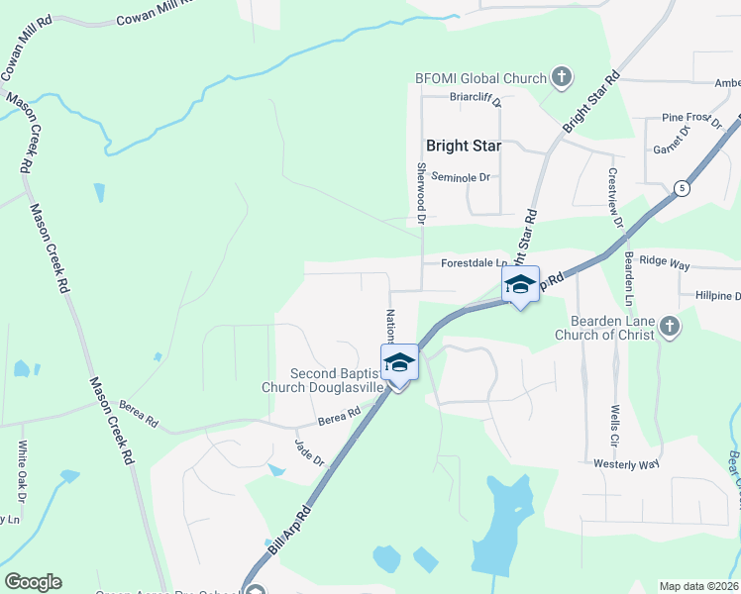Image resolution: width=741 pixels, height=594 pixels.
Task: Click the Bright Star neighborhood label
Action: point(463,146)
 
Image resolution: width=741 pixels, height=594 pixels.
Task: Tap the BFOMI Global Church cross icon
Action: point(561,78)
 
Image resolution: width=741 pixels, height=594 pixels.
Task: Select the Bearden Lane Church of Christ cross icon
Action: point(670,327)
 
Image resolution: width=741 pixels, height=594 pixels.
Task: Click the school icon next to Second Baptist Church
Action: point(399,362)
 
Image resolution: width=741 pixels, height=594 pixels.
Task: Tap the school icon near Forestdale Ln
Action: point(520,284)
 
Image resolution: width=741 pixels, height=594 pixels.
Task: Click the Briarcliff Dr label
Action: point(476,98)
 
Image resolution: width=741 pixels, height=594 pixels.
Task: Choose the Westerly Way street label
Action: point(626,463)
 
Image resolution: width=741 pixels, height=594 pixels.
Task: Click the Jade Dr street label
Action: point(309,453)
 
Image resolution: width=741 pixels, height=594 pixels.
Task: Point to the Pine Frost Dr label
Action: point(691,120)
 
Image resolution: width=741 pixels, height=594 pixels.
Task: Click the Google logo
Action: point(33,582)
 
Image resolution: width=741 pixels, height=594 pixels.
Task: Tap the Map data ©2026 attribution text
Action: point(699,586)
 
